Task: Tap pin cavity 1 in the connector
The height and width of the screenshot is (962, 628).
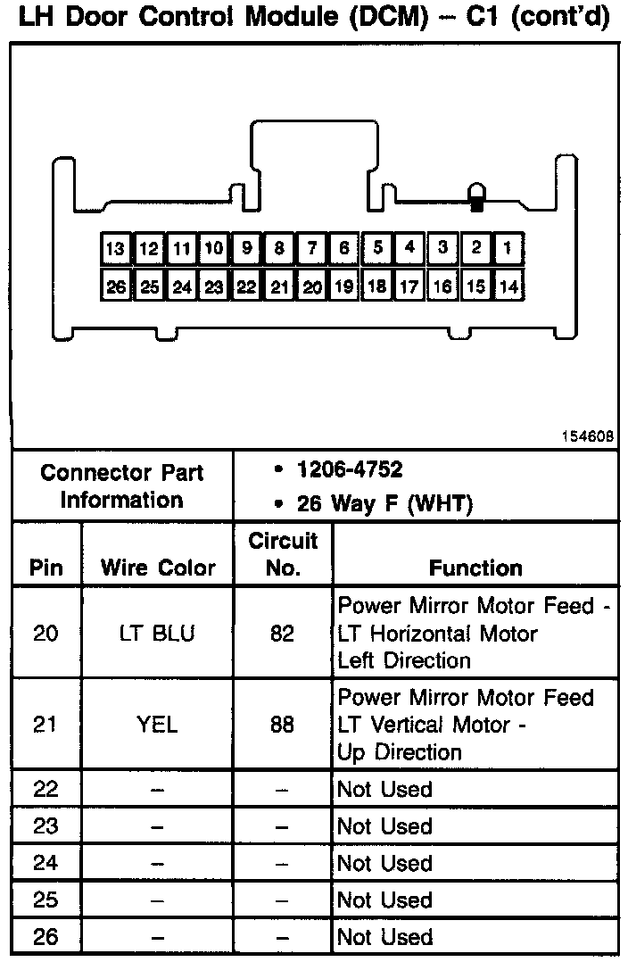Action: point(507,248)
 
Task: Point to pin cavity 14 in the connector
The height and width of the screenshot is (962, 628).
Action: point(507,287)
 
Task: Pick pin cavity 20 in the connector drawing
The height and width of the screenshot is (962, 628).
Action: point(311,287)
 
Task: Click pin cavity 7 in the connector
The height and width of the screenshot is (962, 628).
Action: point(311,249)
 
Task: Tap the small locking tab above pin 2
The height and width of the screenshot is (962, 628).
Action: point(477,197)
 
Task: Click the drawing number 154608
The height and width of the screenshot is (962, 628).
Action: point(587,436)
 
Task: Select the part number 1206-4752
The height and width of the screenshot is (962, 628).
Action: point(351,469)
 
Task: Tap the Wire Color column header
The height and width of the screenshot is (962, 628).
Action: point(158,568)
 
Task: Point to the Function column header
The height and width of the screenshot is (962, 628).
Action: point(475,568)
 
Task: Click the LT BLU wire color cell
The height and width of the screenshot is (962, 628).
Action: point(158,633)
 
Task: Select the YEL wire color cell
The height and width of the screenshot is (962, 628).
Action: point(158,724)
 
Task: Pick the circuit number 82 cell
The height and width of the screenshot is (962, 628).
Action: point(282,633)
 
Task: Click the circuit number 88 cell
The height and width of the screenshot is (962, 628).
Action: point(282,724)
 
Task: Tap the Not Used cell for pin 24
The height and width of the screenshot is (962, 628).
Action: point(384,863)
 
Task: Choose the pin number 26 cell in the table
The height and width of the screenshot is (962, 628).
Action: point(45,937)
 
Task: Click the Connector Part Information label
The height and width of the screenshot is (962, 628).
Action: point(122,486)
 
